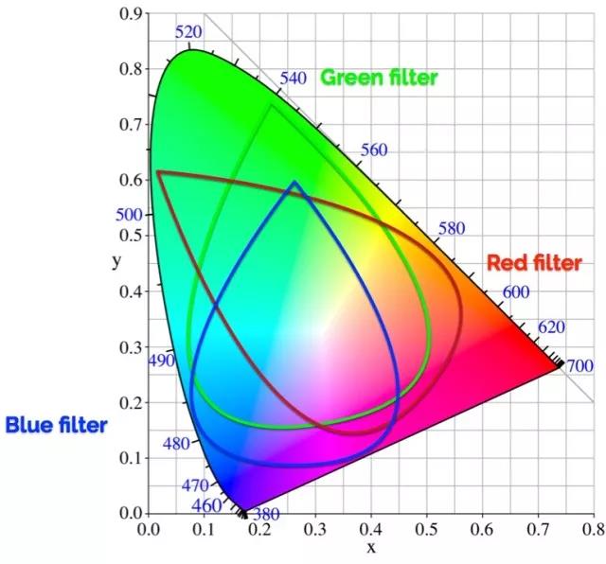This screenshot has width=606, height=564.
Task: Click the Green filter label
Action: (379, 77)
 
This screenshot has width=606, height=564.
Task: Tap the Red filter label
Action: (533, 263)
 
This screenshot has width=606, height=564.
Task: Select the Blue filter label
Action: (56, 425)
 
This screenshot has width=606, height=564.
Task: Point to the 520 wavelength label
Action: (189, 32)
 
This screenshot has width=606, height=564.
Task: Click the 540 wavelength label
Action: (294, 78)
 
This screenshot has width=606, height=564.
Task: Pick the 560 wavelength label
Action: (375, 150)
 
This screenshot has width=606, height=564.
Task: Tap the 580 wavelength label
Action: (454, 229)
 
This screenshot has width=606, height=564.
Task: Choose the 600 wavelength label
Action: (515, 292)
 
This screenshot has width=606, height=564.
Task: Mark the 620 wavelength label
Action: (551, 327)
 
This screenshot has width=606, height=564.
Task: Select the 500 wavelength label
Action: (129, 215)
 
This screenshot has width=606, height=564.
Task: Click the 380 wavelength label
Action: (266, 515)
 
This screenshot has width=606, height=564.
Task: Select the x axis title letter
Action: (371, 548)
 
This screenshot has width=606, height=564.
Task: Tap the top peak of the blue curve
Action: (294, 182)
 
